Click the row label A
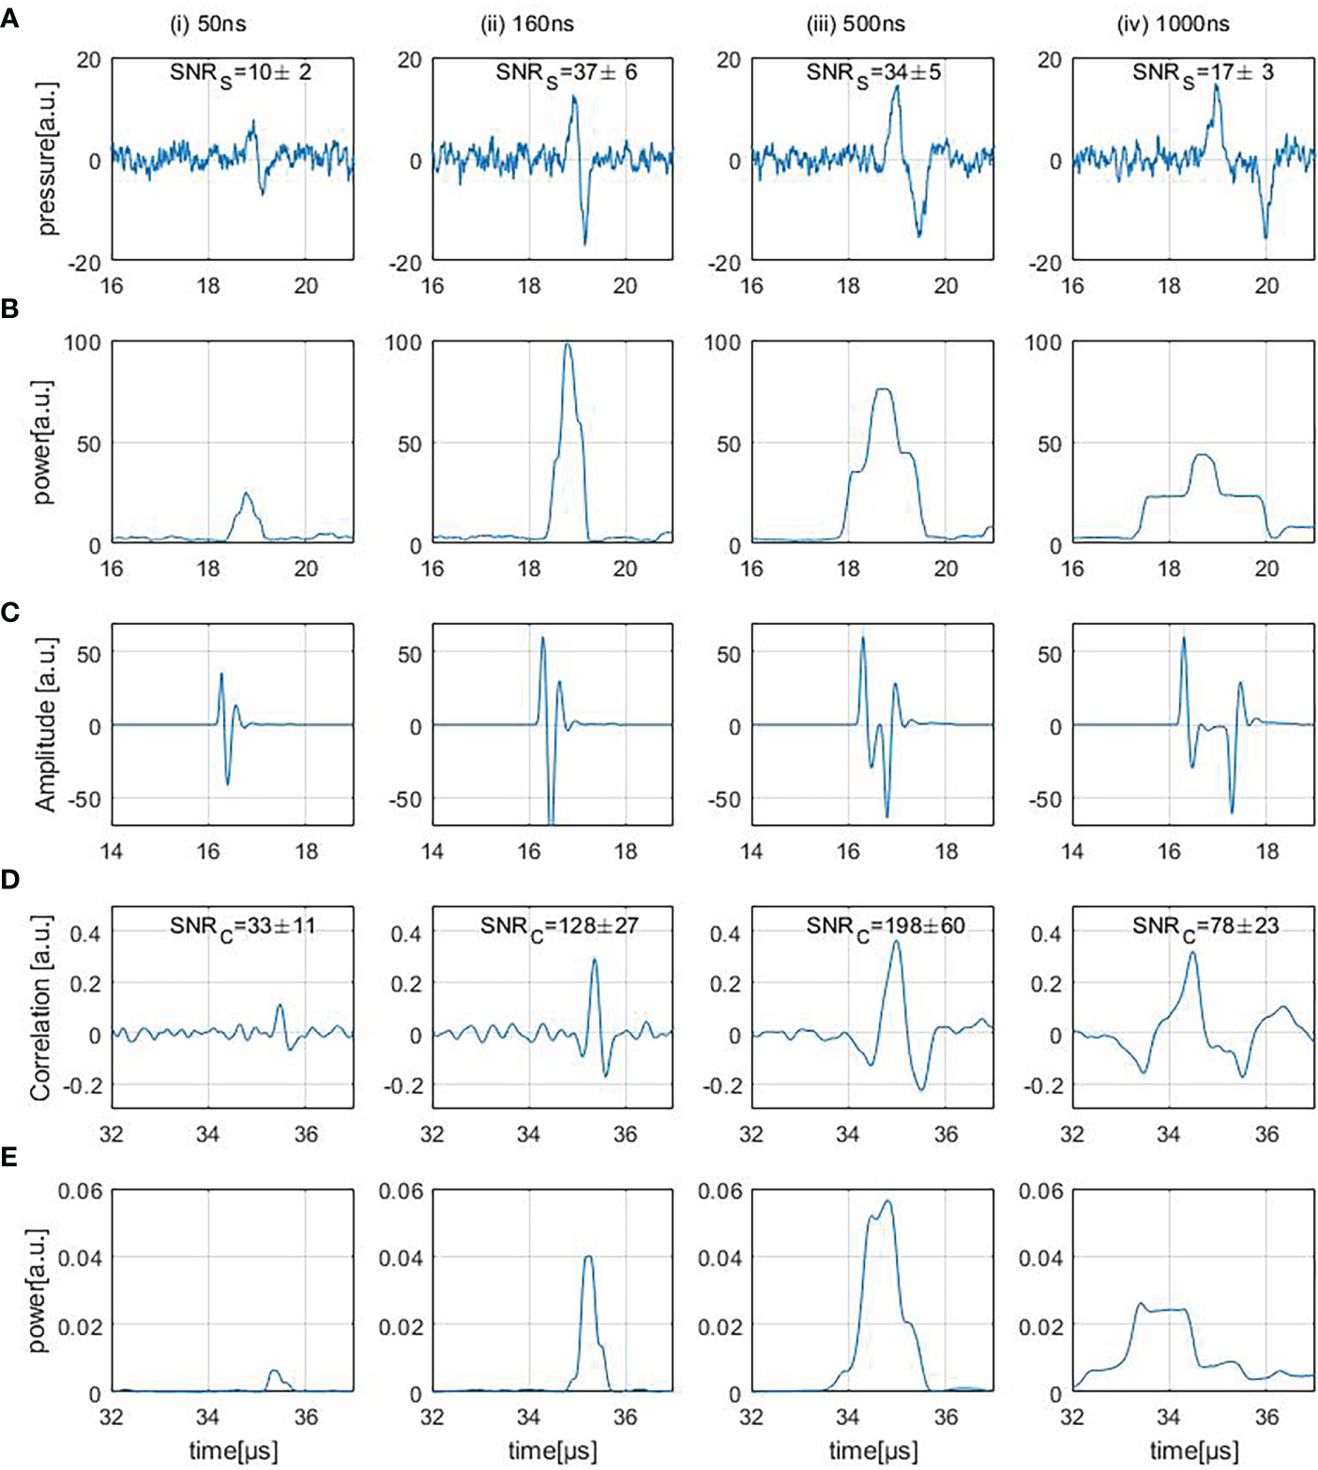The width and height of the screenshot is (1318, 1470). pyautogui.click(x=9, y=18)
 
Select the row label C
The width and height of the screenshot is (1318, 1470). pyautogui.click(x=9, y=612)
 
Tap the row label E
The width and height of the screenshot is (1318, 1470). pyautogui.click(x=9, y=1157)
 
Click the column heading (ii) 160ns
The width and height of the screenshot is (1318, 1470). pyautogui.click(x=527, y=24)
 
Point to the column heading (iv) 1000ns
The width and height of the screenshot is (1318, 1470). pyautogui.click(x=1173, y=24)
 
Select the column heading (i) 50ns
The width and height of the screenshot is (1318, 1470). pyautogui.click(x=208, y=24)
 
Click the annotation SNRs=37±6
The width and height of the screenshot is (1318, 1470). pyautogui.click(x=566, y=73)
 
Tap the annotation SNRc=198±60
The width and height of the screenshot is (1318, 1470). pyautogui.click(x=885, y=927)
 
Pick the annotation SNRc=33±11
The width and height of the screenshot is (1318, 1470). pyautogui.click(x=242, y=927)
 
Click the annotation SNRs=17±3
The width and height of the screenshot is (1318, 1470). pyautogui.click(x=1203, y=73)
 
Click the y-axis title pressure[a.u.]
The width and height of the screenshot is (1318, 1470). pyautogui.click(x=46, y=159)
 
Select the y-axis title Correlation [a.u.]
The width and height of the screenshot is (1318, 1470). pyautogui.click(x=39, y=1008)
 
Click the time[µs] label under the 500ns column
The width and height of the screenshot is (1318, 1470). pyautogui.click(x=872, y=1451)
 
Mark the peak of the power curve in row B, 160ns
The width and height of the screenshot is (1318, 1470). pyautogui.click(x=567, y=344)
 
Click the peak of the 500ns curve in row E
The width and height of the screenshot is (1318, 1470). pyautogui.click(x=886, y=1201)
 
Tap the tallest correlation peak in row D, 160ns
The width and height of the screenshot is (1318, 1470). pyautogui.click(x=595, y=959)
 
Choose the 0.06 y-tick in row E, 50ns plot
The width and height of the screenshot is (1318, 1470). pyautogui.click(x=80, y=1191)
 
